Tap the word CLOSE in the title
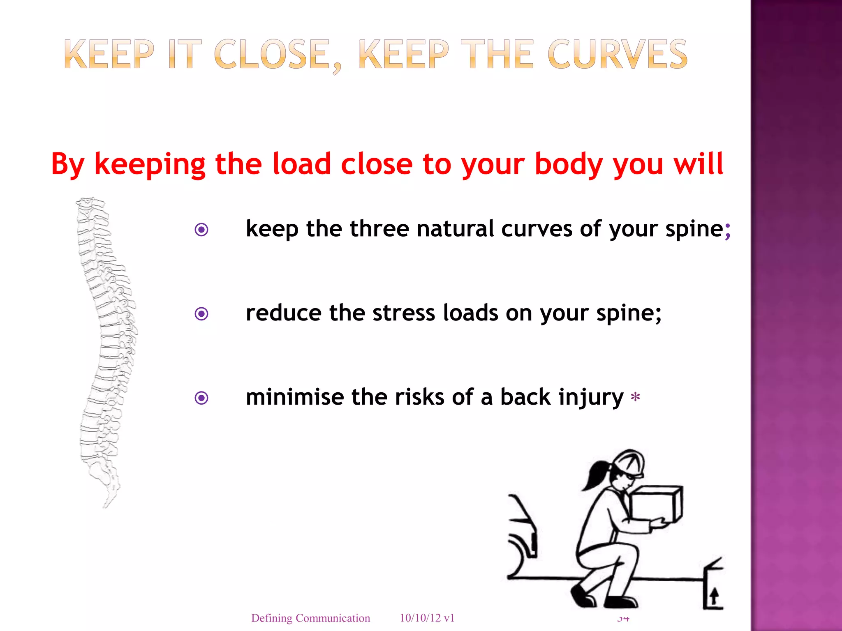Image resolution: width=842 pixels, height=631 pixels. coord(271,54)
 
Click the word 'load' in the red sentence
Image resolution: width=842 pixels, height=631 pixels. coord(302,164)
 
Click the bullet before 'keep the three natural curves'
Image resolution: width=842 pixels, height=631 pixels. coord(201,230)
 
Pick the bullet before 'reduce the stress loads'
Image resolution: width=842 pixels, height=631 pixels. coord(201,314)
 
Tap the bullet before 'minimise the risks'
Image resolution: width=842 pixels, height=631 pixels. coord(201,398)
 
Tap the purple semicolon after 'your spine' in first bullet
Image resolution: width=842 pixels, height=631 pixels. coord(728,230)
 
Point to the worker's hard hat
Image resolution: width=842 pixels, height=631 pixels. coord(629,462)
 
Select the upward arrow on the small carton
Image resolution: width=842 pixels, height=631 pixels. coord(714,595)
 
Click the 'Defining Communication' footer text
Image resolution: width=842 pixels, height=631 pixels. coord(310,618)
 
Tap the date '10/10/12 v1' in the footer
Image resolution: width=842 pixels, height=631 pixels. coord(427,617)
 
